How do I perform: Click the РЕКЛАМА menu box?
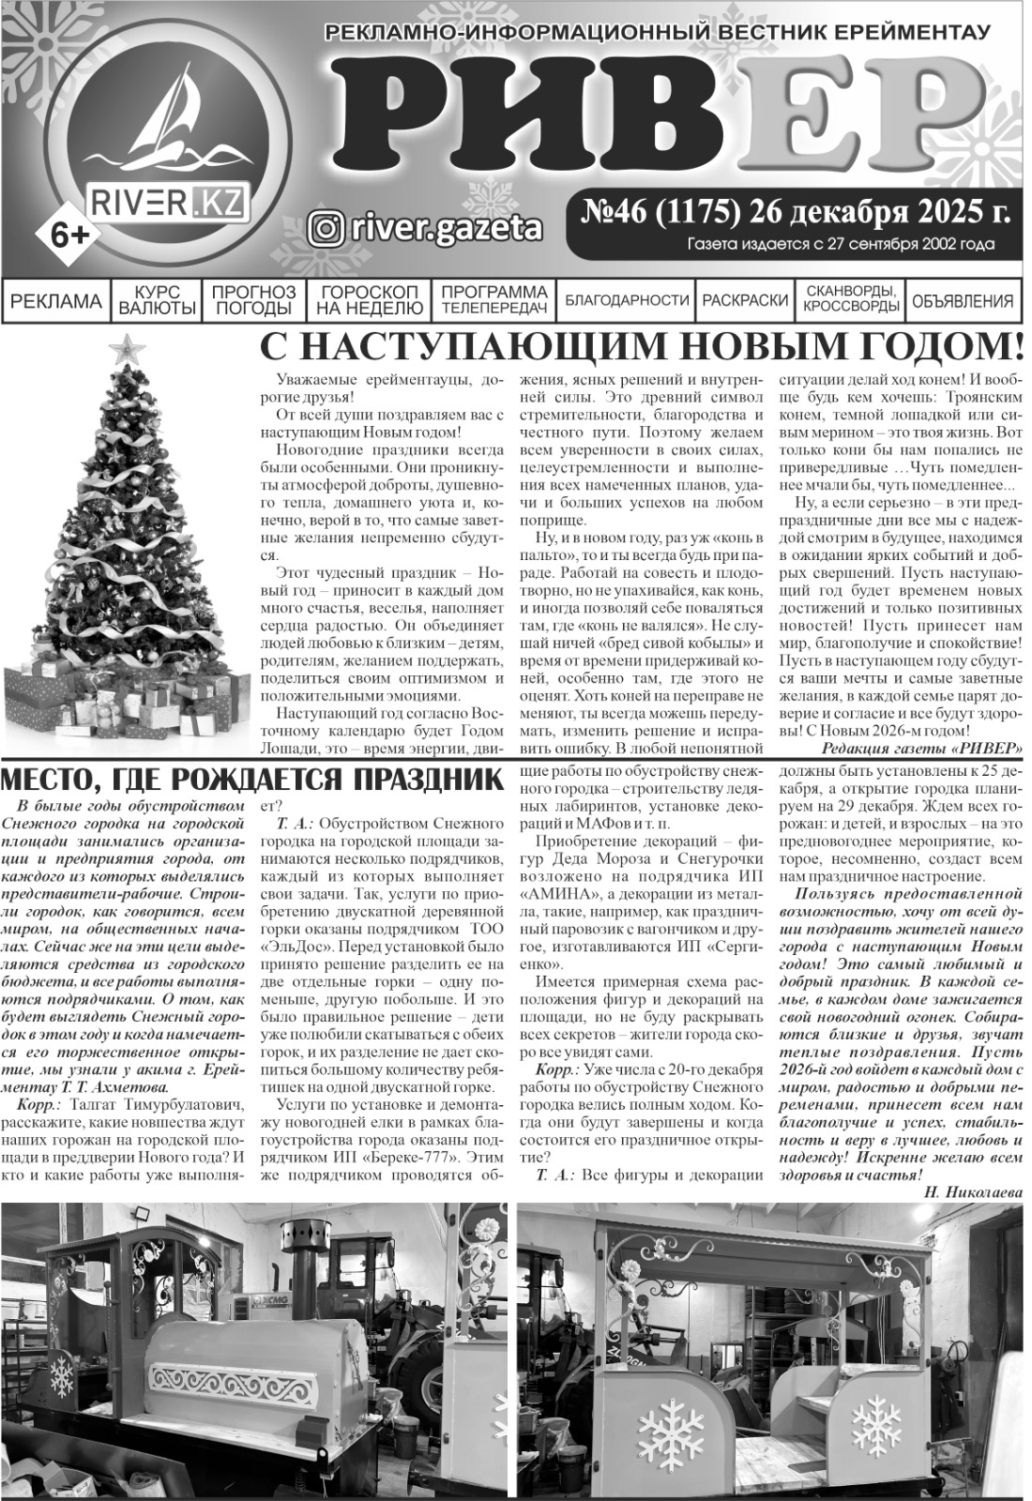pos(56,301)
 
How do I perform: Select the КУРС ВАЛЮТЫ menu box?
pos(157,301)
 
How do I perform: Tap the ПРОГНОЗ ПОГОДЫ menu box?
pos(253,301)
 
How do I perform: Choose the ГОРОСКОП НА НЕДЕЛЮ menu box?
pos(369,301)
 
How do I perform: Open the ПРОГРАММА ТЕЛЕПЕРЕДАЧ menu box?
pos(493,301)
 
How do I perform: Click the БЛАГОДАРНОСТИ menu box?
pos(627,301)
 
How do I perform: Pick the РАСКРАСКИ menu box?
pos(745,301)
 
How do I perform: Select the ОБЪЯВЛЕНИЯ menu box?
pos(963,301)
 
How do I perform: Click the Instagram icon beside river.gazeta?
pos(325,228)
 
